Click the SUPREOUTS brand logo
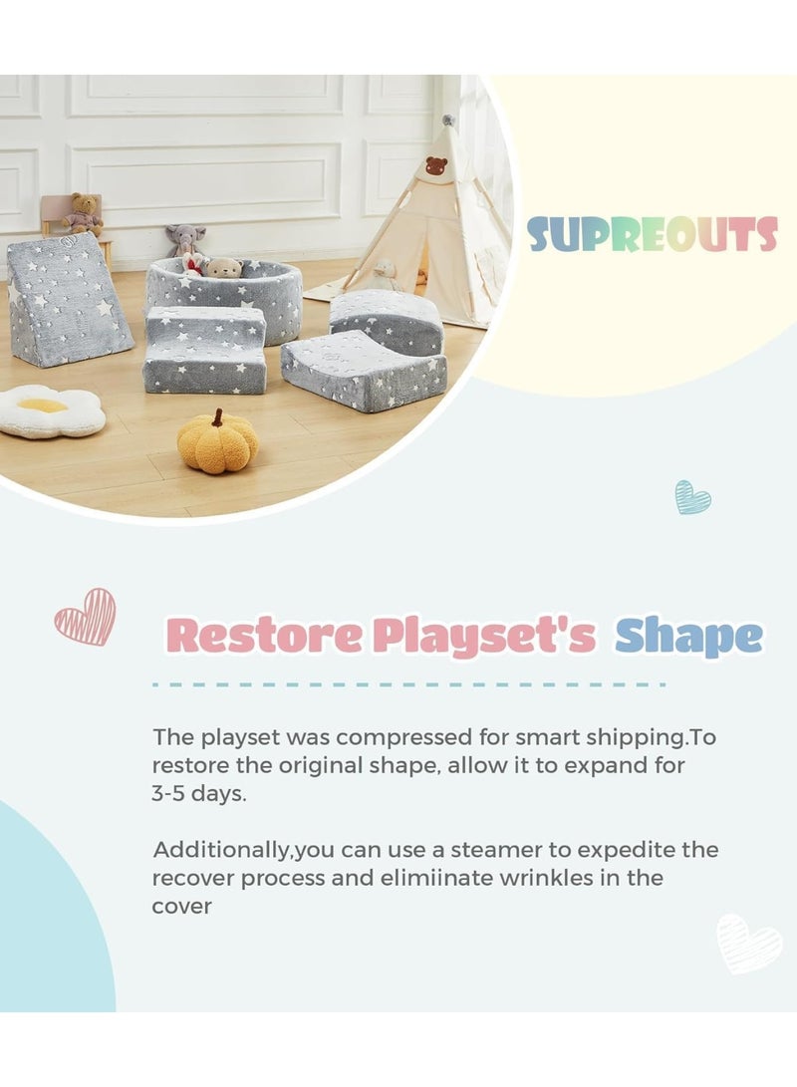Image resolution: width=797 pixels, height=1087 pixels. [653, 234]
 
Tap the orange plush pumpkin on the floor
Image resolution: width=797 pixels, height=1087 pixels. [217, 443]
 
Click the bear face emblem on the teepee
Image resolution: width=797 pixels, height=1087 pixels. [436, 165]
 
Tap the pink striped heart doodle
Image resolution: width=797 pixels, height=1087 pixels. [86, 617]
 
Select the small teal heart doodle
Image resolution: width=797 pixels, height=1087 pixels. [692, 497]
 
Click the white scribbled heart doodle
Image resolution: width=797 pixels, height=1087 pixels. [748, 944]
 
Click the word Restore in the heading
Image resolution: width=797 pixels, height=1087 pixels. [264, 635]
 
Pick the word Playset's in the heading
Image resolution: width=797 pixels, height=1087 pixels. [484, 637]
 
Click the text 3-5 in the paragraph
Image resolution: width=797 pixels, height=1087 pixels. [167, 793]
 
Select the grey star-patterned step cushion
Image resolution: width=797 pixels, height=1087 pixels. [204, 349]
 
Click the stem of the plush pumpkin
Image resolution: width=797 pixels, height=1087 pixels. [217, 417]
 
